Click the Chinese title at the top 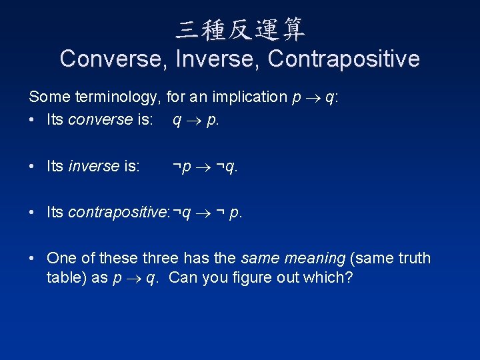(240, 29)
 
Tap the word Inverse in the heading (218, 59)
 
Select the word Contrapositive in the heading (343, 59)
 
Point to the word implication (249, 97)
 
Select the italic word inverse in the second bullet (93, 166)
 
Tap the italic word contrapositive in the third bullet (118, 213)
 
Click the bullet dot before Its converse (33, 121)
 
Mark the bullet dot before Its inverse (33, 166)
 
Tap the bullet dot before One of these (33, 258)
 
